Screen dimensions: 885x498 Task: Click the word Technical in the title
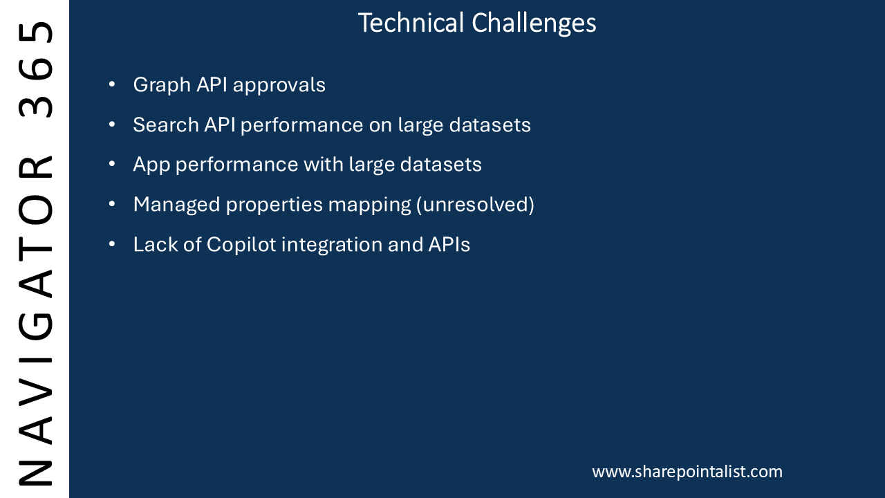coord(411,23)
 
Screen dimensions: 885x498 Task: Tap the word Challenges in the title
coord(534,24)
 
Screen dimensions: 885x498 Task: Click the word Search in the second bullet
coord(166,125)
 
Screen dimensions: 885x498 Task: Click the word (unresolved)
coord(475,205)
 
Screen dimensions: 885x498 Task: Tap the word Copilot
coord(241,244)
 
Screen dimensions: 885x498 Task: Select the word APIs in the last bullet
coord(449,244)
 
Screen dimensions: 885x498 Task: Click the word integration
coord(332,245)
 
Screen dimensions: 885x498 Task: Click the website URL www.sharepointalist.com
coord(687,472)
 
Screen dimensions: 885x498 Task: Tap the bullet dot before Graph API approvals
coord(112,84)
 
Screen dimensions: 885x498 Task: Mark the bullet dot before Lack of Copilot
coord(112,244)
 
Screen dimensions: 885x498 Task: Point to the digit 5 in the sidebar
coord(35,32)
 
